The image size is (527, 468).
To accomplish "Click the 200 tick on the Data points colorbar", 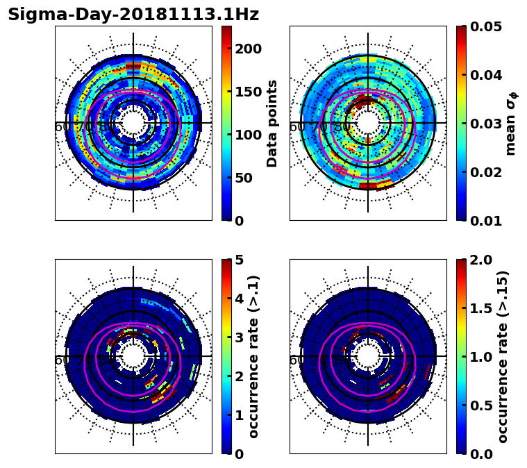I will tap(248, 49).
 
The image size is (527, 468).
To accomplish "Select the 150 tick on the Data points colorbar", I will tap(248, 92).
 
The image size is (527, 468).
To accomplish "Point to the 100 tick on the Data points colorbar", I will tap(248, 135).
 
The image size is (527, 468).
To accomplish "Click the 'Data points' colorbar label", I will tap(272, 123).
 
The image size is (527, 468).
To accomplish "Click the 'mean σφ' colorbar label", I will tap(511, 124).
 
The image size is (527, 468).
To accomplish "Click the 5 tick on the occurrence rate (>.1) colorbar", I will tap(240, 260).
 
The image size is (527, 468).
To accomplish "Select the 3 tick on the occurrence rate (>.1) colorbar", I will tap(240, 337).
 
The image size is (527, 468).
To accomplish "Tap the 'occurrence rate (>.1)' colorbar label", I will tap(254, 356).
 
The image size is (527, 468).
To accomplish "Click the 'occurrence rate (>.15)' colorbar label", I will tap(503, 356).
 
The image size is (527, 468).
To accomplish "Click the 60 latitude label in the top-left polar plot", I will tap(62, 127).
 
